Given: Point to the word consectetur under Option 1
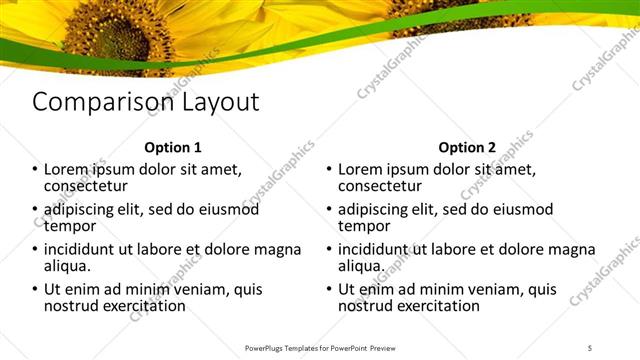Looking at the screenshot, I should (86, 186).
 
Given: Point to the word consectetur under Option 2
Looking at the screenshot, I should (380, 186).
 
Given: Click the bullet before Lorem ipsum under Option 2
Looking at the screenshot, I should (329, 170).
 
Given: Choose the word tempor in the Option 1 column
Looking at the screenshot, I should (70, 226).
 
